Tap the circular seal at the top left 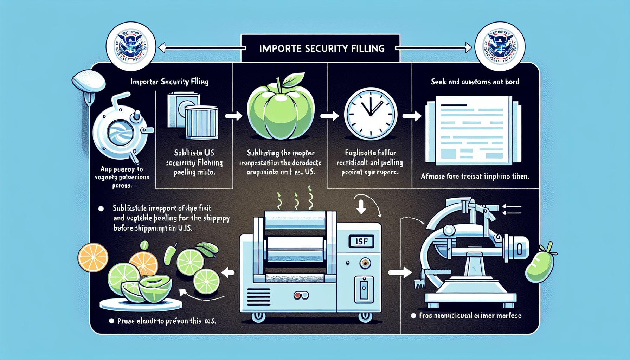131,47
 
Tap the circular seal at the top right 500,47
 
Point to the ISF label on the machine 361,241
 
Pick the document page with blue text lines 473,131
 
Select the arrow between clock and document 412,116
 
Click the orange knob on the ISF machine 365,263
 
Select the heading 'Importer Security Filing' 169,82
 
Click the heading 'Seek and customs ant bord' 475,82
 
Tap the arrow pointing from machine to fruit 229,272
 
